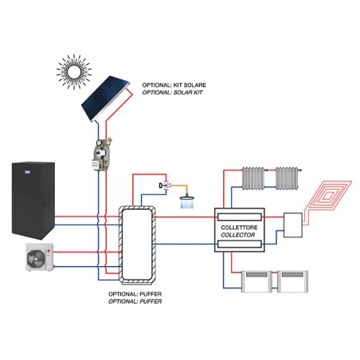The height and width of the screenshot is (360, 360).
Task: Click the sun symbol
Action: pos(74,72)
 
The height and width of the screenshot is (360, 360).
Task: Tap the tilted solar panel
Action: pos(105,99)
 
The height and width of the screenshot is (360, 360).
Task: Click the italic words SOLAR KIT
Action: pos(188,92)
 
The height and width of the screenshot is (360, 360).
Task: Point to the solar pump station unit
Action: pos(101,154)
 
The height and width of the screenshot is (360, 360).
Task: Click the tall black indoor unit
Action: pos(33,201)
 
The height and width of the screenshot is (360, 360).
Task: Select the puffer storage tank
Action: pos(137,245)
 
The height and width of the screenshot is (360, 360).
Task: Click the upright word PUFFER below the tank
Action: pos(151,294)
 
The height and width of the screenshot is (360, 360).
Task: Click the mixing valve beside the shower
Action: pos(165,185)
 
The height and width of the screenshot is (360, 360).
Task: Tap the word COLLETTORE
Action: pos(239,228)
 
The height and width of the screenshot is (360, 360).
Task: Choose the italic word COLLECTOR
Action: pos(238,235)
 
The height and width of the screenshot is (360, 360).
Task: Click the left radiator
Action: pos(253,178)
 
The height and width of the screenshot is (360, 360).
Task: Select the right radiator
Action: pos(287,178)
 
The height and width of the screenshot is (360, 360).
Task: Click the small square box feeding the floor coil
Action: pos(293,225)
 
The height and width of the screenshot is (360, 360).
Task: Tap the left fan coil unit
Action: pos(256,282)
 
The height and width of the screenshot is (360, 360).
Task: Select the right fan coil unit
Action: pos(292,282)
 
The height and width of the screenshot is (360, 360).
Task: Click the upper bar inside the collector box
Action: pos(240,217)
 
